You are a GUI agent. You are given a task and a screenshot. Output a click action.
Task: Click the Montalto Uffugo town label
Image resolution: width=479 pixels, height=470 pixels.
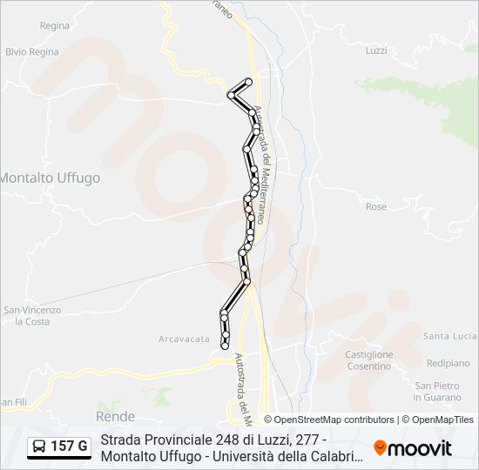point(50,178)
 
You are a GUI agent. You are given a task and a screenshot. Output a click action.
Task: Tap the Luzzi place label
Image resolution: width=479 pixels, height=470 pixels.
point(376,50)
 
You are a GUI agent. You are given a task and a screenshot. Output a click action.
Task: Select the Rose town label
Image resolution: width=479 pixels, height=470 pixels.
point(376,206)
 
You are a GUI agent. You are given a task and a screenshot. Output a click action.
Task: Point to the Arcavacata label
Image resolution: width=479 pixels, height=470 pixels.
point(185,339)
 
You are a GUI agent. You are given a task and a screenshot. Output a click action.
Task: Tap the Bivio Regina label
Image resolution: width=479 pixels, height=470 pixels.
point(32,51)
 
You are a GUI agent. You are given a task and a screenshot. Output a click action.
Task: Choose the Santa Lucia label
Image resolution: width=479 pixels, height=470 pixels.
point(450,336)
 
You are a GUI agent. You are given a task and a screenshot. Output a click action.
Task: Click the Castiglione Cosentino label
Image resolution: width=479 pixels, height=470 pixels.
point(368,360)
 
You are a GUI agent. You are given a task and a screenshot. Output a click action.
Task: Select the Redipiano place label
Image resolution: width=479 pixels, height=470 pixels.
point(449,362)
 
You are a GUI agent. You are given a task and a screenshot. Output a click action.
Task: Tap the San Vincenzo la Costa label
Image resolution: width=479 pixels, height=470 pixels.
point(32,315)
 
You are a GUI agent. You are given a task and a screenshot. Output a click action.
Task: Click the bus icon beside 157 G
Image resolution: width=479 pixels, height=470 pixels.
point(39,447)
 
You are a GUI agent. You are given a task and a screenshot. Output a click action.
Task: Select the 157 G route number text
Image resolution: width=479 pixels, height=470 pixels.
point(69,447)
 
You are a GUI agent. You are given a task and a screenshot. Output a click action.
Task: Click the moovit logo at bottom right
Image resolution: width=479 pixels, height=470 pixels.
point(413,448)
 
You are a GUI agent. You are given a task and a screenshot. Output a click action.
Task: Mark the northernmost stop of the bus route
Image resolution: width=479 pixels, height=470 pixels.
point(249,82)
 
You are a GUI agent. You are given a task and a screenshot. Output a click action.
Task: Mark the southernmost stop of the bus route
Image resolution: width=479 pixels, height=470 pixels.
point(226,346)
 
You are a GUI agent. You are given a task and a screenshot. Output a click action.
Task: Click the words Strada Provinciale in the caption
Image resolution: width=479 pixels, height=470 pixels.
point(152,440)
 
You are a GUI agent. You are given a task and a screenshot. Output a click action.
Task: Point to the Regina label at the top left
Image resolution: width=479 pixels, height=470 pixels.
point(54,26)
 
